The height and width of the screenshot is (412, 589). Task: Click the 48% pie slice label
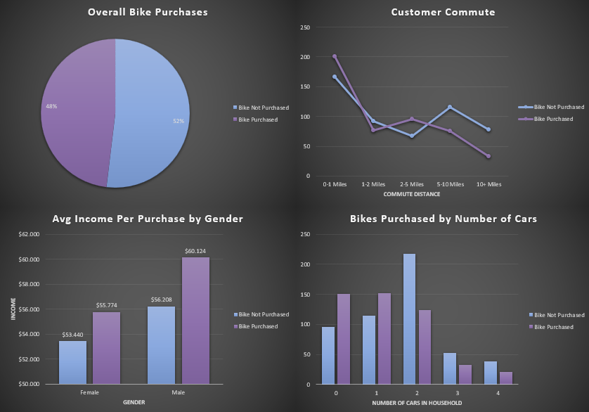point(52,106)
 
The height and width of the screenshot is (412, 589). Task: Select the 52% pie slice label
point(179,121)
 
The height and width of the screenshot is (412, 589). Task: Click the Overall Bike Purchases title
point(148,12)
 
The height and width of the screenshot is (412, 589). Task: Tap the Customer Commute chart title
point(443,12)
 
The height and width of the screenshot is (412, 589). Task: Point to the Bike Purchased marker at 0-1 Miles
point(335,56)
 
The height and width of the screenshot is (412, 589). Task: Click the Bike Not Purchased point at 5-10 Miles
point(450,107)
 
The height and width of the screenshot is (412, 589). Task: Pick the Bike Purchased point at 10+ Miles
point(488,156)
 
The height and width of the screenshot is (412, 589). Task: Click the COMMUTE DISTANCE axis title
point(412,193)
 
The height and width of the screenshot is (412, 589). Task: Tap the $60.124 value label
point(195,251)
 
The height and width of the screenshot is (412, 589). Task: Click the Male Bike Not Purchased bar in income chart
point(161,345)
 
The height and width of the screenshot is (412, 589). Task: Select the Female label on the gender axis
point(89,392)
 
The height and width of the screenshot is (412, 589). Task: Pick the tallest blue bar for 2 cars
point(409,318)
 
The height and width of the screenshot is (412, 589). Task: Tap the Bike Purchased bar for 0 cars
point(343,339)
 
